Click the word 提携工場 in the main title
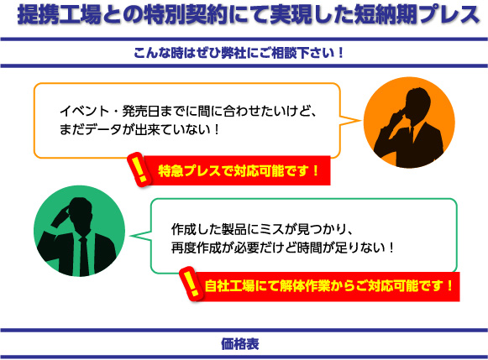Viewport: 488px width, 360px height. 59,14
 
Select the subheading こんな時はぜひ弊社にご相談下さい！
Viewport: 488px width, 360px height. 239,53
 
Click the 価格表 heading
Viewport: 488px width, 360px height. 240,344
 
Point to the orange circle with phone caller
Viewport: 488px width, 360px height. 409,123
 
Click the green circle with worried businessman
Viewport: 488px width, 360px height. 79,231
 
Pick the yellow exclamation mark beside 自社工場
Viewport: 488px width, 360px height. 191,284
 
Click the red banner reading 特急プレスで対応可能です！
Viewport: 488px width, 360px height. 238,170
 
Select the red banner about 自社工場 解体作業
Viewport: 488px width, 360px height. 327,286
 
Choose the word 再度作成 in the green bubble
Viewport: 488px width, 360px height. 196,248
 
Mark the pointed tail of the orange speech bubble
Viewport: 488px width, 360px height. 361,120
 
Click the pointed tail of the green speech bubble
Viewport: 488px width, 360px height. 130,236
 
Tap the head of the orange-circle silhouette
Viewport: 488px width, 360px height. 418,103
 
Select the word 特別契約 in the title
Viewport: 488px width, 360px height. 186,14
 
